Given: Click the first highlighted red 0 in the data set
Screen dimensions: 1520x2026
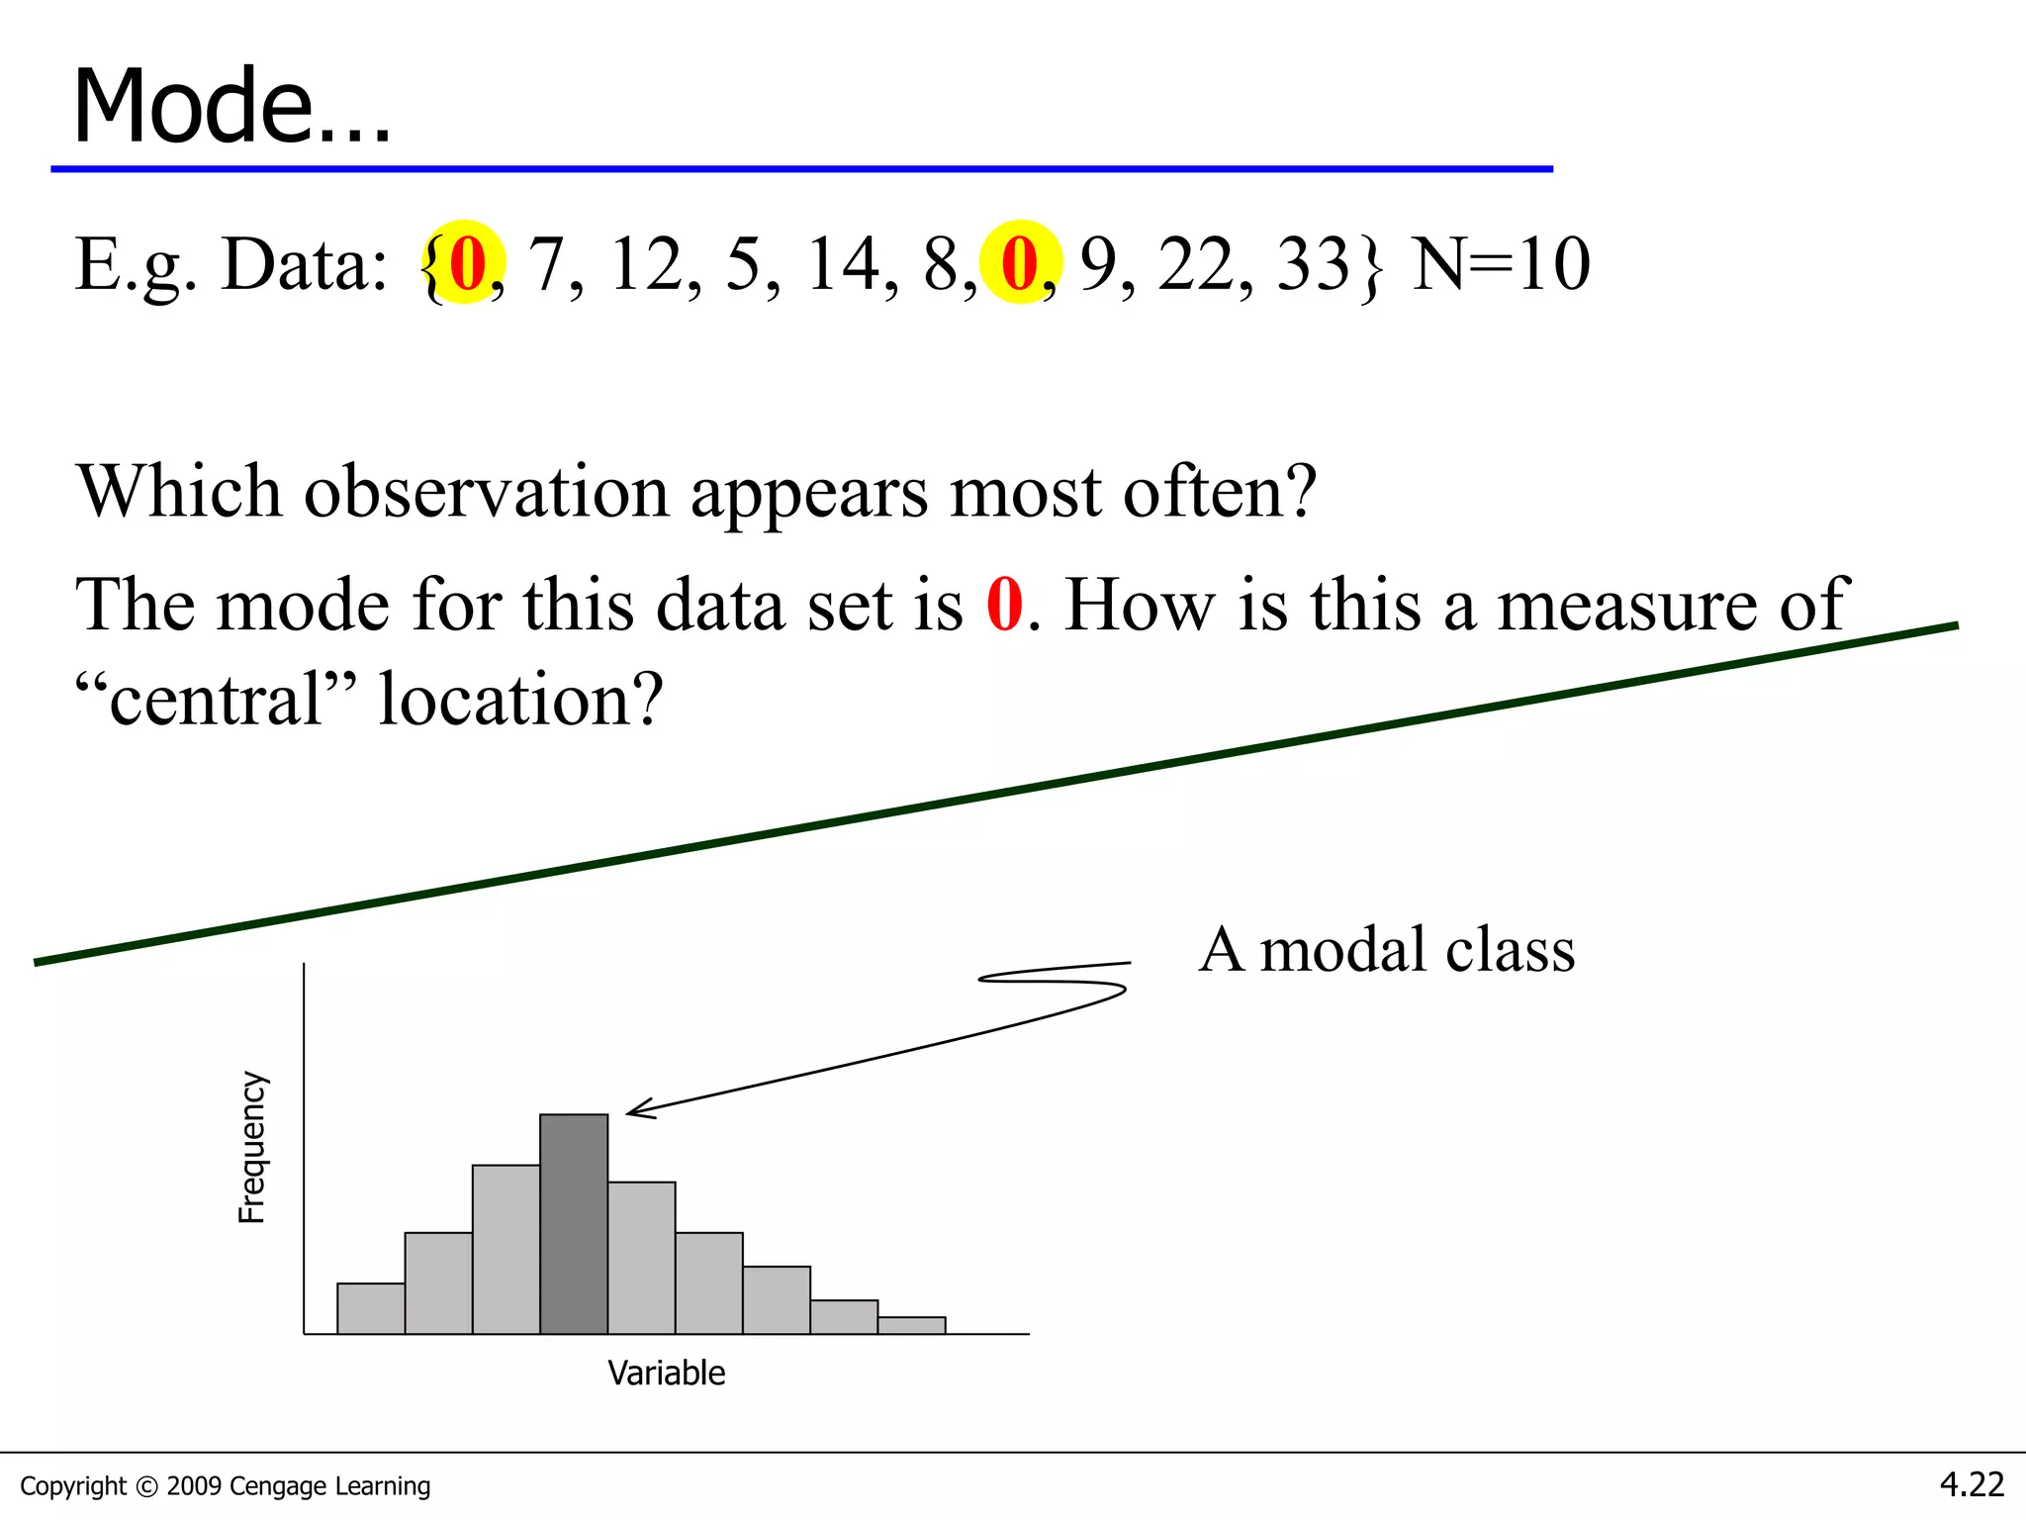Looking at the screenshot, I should coord(466,264).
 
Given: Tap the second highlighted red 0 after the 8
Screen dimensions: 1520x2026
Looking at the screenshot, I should coord(1019,264).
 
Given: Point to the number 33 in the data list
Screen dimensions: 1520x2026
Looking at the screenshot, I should coord(1313,264).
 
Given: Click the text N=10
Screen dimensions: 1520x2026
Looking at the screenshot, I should coord(1500,264).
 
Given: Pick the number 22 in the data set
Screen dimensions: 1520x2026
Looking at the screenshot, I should coord(1196,264).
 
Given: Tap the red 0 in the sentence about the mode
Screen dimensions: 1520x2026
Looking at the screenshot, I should coord(1004,605).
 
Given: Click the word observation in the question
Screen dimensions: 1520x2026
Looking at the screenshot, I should coord(486,492).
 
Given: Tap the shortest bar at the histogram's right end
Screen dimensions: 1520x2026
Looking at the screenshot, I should coord(911,1325).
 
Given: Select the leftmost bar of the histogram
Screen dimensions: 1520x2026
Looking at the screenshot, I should coord(371,1308).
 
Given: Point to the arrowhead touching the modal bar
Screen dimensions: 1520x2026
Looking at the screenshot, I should coord(634,1110).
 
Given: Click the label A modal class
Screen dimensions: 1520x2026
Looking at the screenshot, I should coord(1386,950).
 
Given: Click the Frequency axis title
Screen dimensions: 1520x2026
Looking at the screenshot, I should coord(252,1147).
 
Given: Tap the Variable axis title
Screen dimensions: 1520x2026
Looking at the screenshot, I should coord(666,1374).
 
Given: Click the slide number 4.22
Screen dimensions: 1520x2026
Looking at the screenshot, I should coord(1971,1484).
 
